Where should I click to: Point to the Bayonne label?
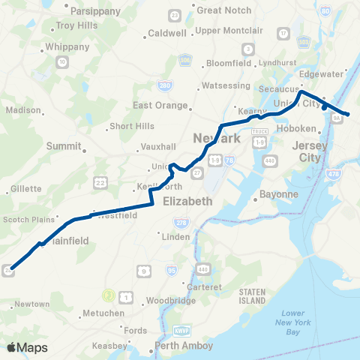click(x=278, y=193)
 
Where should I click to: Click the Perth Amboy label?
click(x=184, y=346)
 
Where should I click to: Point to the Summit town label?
click(x=62, y=145)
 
